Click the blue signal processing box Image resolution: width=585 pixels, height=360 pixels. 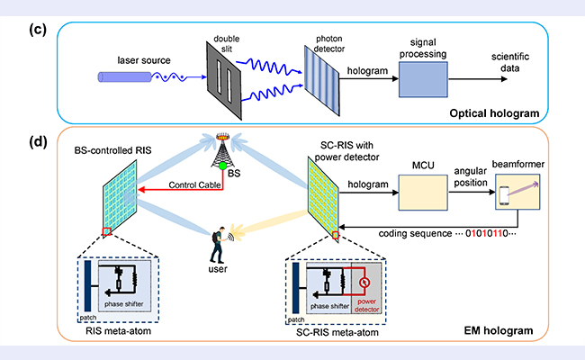[x=429, y=82]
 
